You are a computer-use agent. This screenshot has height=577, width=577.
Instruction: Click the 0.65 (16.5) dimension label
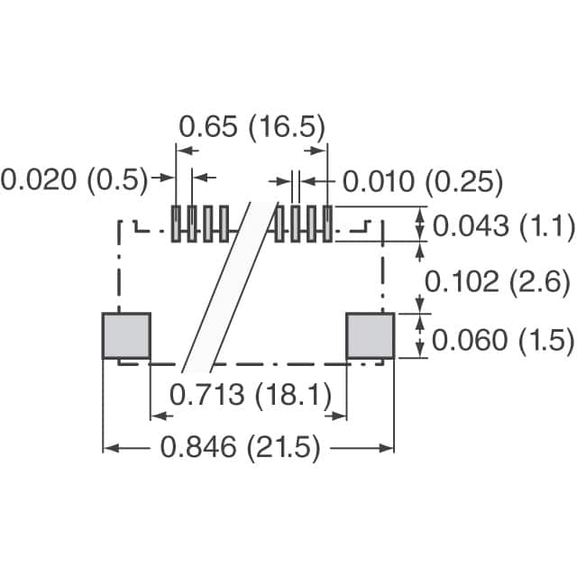pos(252,127)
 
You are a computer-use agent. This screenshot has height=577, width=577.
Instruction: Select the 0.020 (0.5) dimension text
pos(74,180)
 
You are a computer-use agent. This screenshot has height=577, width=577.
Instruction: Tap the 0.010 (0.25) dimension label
pos(423,181)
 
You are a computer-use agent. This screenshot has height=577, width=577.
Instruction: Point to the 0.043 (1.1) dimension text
pos(503,225)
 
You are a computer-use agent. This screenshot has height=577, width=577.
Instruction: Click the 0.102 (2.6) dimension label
pos(498,282)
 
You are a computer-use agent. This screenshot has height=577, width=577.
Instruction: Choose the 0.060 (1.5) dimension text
pos(503,340)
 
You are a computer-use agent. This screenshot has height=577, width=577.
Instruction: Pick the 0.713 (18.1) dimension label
pos(251,395)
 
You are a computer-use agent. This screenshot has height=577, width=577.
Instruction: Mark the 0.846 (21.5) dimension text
pos(241,447)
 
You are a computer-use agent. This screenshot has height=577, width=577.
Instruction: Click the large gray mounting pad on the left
pos(126,335)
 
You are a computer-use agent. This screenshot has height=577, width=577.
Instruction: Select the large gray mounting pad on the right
pos(371,335)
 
